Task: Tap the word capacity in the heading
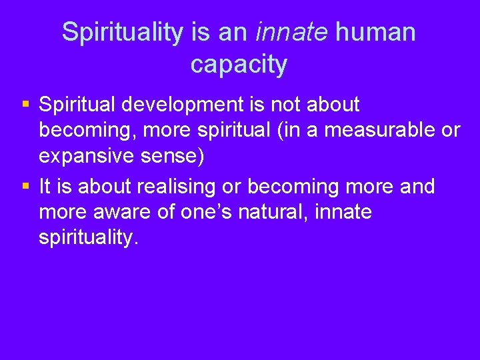pos(239,65)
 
